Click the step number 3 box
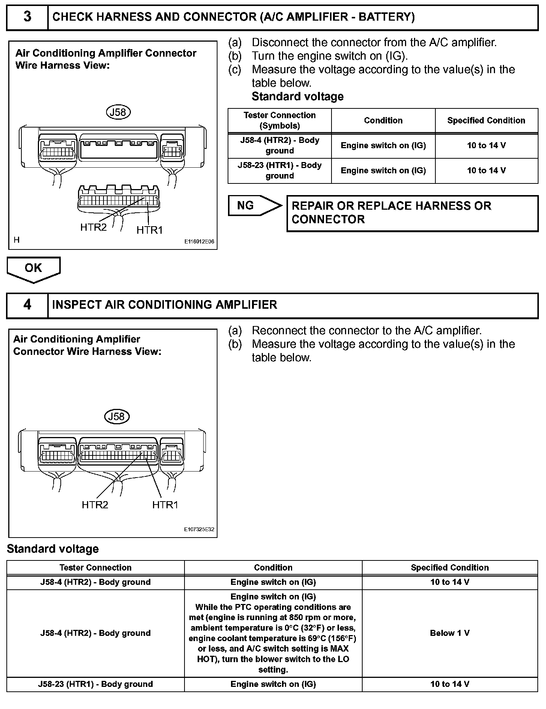pyautogui.click(x=27, y=17)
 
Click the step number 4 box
pyautogui.click(x=27, y=305)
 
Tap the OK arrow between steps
pyautogui.click(x=33, y=269)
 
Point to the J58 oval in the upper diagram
pyautogui.click(x=118, y=112)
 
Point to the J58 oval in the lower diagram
pyautogui.click(x=116, y=416)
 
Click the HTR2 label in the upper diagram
pyautogui.click(x=93, y=227)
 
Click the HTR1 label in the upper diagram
pyautogui.click(x=150, y=230)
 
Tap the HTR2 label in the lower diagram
pyautogui.click(x=95, y=505)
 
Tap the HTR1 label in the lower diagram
pyautogui.click(x=165, y=505)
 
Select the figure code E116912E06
pyautogui.click(x=199, y=242)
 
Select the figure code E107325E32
pyautogui.click(x=199, y=529)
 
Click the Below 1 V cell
pyautogui.click(x=450, y=633)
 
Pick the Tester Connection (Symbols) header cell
pyautogui.click(x=279, y=120)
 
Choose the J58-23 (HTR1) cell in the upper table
pyautogui.click(x=279, y=171)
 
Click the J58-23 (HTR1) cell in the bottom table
pyautogui.click(x=95, y=684)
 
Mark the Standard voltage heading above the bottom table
pyautogui.click(x=53, y=549)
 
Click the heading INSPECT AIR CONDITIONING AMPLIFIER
pyautogui.click(x=165, y=305)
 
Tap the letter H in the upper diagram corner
pyautogui.click(x=16, y=240)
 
